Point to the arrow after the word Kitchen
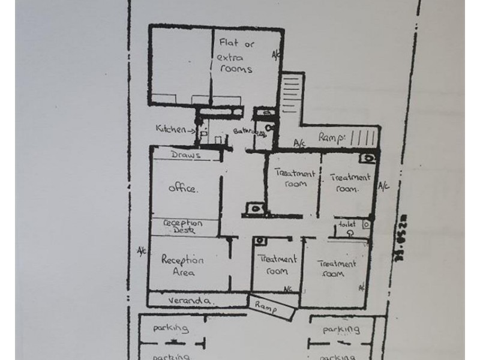tap(191, 129)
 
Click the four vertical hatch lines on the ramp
tap(362, 136)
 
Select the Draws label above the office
tap(185, 155)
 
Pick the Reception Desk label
tap(183, 226)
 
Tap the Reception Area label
tap(183, 266)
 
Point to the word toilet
tap(347, 223)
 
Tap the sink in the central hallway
tap(256, 208)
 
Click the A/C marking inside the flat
tap(276, 55)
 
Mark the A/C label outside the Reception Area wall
tap(141, 250)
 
